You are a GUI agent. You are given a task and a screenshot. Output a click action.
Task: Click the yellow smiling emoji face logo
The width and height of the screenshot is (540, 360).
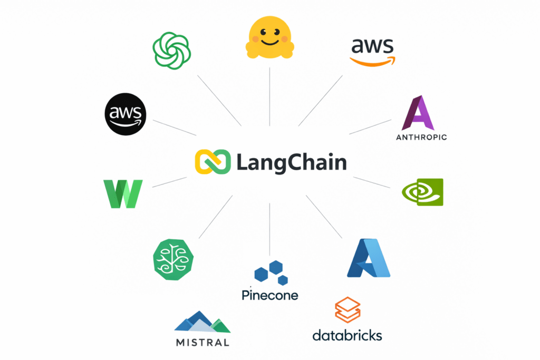tap(269, 37)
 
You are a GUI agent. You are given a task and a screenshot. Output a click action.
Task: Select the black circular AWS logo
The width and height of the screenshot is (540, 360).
tap(126, 113)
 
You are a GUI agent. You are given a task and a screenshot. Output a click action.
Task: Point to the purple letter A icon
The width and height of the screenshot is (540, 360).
tap(418, 113)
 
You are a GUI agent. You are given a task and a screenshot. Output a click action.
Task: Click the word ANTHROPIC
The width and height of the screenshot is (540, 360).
tap(421, 138)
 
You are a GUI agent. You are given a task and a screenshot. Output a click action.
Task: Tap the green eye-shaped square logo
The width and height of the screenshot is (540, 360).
tap(422, 192)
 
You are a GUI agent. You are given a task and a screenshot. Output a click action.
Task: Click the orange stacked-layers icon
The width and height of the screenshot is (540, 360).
tap(348, 310)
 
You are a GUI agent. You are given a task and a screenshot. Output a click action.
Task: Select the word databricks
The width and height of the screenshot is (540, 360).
tap(347, 335)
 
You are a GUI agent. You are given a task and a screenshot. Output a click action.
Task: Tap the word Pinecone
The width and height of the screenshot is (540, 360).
tap(270, 295)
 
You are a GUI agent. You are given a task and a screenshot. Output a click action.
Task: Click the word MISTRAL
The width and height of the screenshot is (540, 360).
tap(202, 342)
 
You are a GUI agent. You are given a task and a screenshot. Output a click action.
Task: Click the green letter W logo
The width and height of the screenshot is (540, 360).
tap(123, 193)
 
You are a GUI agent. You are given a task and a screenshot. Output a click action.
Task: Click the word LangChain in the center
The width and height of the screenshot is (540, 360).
tap(291, 162)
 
